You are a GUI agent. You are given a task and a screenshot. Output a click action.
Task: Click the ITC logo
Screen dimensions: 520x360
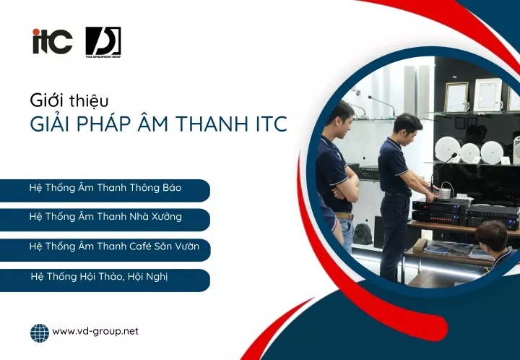pos(53,41)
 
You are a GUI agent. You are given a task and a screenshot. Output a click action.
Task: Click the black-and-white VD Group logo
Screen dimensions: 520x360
pos(103,42)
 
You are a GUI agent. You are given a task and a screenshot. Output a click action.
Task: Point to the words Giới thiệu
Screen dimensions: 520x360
pos(69,101)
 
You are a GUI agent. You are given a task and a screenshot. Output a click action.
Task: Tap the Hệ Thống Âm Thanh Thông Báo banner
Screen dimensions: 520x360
pos(105,190)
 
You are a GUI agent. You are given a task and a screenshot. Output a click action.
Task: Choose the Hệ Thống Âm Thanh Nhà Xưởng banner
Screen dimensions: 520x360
pos(105,220)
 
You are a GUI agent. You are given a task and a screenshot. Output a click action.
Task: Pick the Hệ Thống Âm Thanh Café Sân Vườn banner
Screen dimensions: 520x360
pos(105,249)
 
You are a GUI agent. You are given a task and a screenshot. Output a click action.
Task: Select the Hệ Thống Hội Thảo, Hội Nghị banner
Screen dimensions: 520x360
pos(105,280)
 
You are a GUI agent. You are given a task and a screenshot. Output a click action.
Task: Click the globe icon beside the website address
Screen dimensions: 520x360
pos(40,333)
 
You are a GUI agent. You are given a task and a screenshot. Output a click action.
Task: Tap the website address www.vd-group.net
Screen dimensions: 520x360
pos(95,332)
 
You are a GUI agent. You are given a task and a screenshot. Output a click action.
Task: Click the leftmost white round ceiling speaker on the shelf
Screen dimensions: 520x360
pos(447,149)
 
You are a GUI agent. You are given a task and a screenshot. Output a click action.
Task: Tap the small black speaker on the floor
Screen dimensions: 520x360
pos(362,234)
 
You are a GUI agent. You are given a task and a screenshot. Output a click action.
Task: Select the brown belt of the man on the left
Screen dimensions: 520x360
pos(344,216)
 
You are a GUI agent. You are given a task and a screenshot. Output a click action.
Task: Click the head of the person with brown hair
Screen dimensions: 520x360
pos(492,236)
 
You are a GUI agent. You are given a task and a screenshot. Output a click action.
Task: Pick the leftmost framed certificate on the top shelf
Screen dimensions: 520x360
pos(456,97)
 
